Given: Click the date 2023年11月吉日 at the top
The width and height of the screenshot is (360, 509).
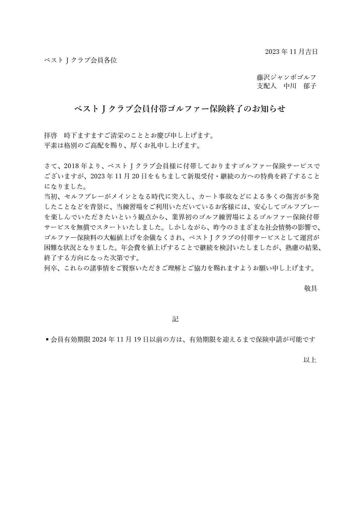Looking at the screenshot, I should tap(291, 52).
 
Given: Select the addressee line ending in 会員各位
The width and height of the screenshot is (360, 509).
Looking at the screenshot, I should tap(80, 60).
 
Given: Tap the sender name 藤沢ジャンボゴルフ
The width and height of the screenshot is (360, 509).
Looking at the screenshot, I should tap(286, 77).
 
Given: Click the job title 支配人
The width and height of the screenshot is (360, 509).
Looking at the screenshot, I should tap(267, 86).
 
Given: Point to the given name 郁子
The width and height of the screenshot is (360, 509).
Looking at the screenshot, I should tap(310, 86).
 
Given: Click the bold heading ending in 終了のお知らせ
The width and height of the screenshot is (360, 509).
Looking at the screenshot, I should tap(180, 109).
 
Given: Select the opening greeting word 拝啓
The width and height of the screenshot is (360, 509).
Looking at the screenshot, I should tap(51, 135).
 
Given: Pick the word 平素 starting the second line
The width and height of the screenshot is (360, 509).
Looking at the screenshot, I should tap(51, 145).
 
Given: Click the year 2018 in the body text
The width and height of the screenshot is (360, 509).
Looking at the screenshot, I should tap(71, 166).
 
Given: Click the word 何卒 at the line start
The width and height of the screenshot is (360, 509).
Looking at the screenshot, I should tap(51, 268).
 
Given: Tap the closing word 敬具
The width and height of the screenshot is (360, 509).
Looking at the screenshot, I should tap(310, 288).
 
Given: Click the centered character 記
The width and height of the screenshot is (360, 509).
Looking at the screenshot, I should tap(175, 319).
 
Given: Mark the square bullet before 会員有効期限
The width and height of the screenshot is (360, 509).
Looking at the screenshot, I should tap(47, 339).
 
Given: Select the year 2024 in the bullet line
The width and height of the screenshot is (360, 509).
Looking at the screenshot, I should tap(99, 339).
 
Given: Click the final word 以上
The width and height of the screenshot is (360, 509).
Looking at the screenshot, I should tap(310, 360).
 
